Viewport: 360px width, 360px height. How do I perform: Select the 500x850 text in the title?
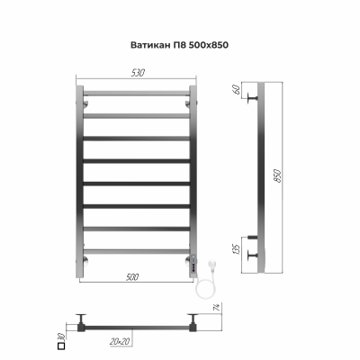pyautogui.click(x=202, y=44)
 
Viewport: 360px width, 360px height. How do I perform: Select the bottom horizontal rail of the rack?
pyautogui.click(x=137, y=250)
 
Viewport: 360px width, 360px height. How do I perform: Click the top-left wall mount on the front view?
pyautogui.click(x=86, y=103)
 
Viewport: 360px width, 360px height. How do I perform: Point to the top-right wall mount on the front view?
pyautogui.click(x=188, y=103)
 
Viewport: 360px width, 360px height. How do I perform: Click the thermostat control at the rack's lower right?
pyautogui.click(x=191, y=261)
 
